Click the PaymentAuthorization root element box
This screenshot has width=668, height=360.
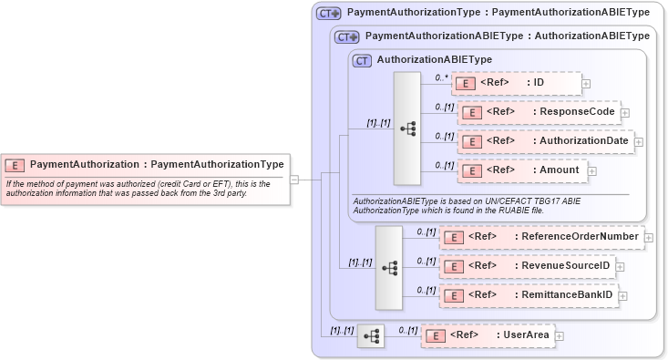click(146, 165)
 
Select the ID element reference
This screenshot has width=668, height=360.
click(516, 84)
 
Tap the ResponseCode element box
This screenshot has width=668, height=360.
click(539, 113)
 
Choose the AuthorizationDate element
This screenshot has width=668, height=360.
click(544, 141)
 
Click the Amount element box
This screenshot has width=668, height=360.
click(520, 170)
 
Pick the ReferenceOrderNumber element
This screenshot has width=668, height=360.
click(541, 237)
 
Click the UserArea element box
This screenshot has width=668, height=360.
click(488, 335)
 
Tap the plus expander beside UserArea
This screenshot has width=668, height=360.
click(560, 336)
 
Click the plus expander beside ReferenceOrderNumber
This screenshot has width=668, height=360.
click(649, 238)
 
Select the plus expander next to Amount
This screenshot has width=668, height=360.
click(592, 170)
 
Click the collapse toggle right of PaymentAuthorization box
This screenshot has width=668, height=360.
click(294, 180)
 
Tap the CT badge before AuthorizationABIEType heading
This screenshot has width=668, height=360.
click(362, 60)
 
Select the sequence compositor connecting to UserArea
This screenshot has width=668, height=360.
click(371, 336)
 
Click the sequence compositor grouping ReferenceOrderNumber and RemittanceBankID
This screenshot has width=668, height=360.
click(389, 268)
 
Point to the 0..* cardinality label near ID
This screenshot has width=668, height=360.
click(441, 77)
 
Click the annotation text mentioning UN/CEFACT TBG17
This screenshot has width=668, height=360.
click(466, 205)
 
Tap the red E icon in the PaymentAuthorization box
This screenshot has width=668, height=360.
click(15, 165)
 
